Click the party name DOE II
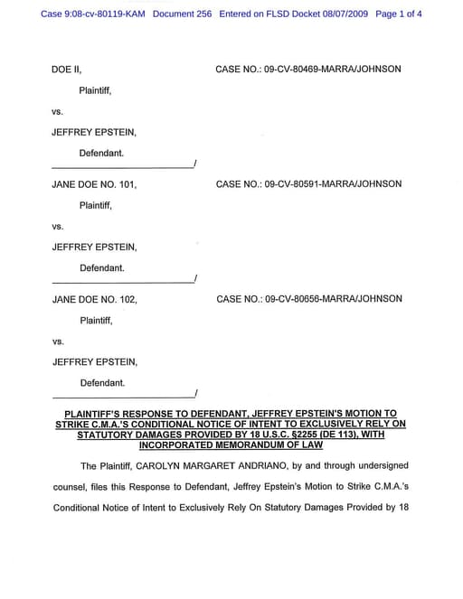click(67, 69)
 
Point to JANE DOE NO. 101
click(95, 184)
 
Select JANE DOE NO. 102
click(95, 299)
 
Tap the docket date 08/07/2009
click(342, 14)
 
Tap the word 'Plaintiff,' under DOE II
click(96, 90)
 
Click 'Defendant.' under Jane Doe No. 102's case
click(102, 383)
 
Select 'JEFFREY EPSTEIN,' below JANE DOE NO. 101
click(95, 247)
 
